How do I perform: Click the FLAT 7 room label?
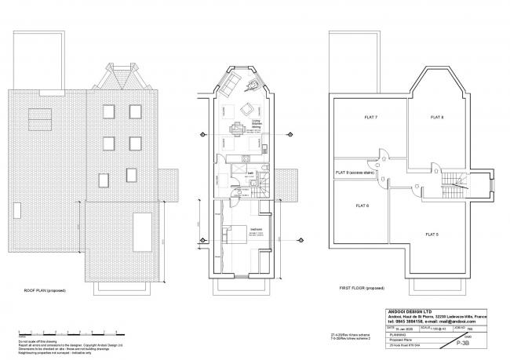point(349,117)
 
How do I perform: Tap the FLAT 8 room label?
point(436,117)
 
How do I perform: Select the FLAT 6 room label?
point(351,205)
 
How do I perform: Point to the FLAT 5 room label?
point(432,234)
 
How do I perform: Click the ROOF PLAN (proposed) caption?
point(46,290)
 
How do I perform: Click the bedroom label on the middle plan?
point(256,230)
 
